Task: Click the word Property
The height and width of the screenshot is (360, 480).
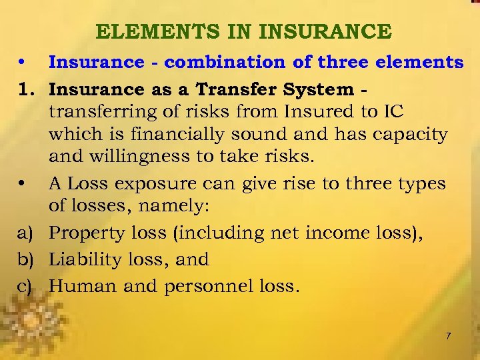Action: pos(86,233)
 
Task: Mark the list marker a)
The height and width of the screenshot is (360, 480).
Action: pos(25,233)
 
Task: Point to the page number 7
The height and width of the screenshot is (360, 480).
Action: pos(448,336)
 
